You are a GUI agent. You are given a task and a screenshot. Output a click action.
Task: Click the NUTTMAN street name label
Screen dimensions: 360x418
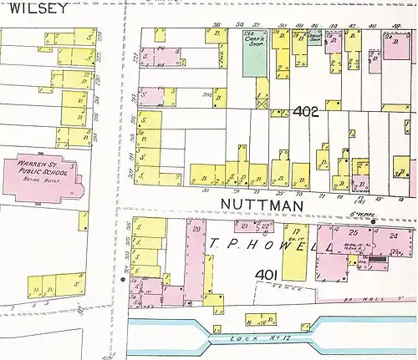255,203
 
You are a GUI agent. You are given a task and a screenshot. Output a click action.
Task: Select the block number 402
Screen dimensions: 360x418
306,111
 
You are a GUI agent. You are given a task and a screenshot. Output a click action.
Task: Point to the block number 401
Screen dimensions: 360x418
266,275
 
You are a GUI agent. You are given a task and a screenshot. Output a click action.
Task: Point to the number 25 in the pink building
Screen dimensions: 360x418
354,231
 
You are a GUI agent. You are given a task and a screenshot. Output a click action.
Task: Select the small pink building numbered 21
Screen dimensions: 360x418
246,226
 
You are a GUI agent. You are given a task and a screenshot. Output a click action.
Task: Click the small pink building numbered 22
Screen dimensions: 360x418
265,226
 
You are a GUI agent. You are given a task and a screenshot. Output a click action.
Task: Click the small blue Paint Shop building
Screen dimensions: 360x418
314,39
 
